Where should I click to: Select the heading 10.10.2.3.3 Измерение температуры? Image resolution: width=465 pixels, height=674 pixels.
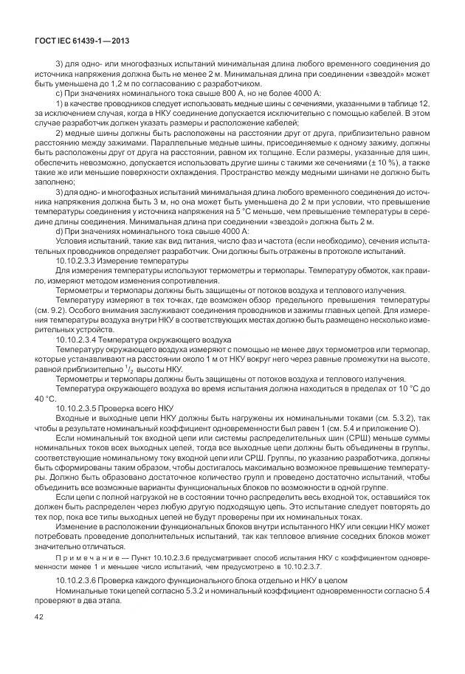(x=122, y=261)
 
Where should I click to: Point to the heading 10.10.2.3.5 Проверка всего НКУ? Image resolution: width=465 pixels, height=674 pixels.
(x=114, y=407)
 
